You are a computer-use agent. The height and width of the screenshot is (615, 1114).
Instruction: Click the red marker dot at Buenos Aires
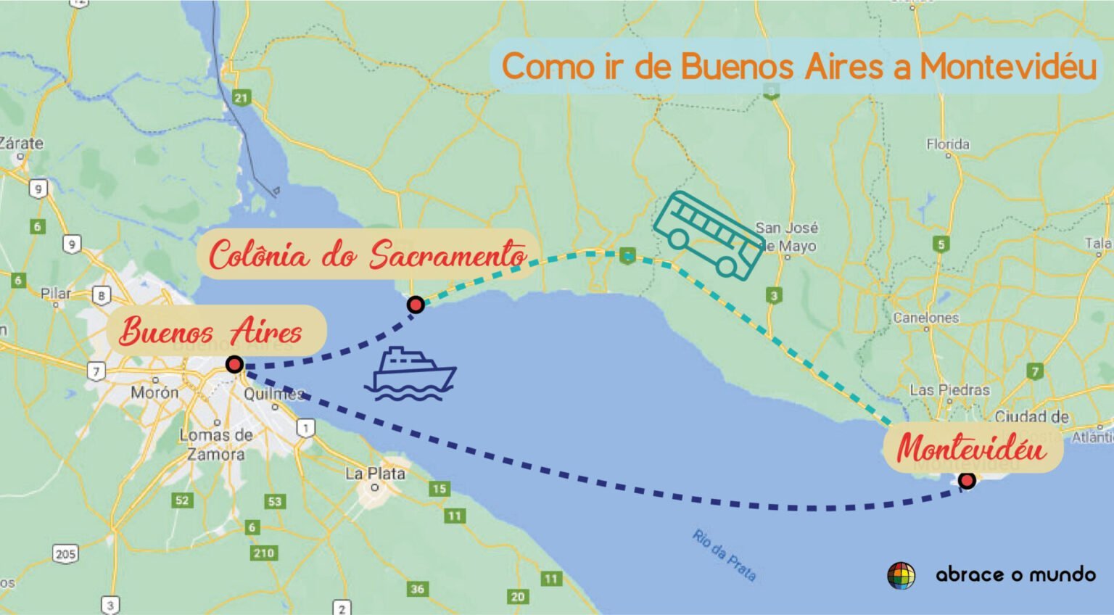point(234,364)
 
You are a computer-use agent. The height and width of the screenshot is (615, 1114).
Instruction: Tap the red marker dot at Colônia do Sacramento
point(416,305)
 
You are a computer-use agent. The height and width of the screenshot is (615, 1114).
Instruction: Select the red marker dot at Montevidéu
point(967,480)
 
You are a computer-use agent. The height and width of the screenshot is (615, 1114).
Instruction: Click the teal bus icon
point(708,235)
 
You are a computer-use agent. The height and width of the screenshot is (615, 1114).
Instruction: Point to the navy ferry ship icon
point(410,374)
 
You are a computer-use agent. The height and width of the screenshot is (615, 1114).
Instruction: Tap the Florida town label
point(948,144)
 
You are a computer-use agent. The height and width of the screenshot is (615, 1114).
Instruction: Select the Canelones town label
point(925,318)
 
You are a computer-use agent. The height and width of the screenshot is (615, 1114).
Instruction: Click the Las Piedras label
point(949,390)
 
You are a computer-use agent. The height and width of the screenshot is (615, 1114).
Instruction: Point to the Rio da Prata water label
point(724,556)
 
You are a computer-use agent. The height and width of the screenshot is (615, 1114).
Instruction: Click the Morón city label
point(154,392)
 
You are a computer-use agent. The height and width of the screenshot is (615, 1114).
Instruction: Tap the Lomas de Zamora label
point(216,445)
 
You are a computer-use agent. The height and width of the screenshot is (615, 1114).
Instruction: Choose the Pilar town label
point(56,294)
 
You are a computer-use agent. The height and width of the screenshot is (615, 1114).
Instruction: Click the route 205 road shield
point(65,554)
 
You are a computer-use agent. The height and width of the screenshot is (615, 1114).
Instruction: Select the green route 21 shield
point(241,97)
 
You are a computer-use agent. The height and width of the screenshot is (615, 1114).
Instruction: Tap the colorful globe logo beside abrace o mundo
point(901,575)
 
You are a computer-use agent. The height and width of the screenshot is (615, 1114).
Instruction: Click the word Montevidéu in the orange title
point(1008,67)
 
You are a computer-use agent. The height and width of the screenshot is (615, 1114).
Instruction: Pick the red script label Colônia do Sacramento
point(368,255)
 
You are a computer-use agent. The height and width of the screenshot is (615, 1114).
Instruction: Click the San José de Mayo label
point(787,236)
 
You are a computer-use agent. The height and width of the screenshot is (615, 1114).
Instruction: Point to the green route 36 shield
point(417,589)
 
